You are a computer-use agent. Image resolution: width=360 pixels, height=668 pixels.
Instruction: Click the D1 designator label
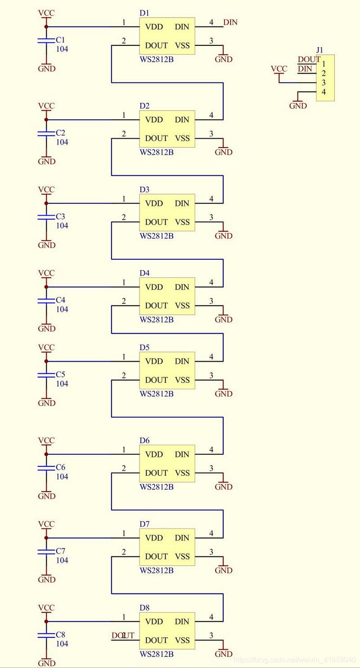pos(144,13)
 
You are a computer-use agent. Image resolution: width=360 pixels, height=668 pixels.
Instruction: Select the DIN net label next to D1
pos(230,22)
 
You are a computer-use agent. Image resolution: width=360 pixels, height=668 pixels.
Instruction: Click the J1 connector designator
pos(319,50)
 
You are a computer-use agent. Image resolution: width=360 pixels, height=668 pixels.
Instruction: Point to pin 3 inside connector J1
pos(324,83)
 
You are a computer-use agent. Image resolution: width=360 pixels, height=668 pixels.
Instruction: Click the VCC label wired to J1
pos(279,69)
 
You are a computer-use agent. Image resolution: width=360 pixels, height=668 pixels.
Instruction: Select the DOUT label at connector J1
pos(309,59)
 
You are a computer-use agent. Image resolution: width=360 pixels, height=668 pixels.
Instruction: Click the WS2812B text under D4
pos(156,320)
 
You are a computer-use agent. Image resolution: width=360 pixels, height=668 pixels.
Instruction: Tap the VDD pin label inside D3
pos(154,203)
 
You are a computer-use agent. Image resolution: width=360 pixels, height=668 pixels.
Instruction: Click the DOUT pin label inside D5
pos(156,380)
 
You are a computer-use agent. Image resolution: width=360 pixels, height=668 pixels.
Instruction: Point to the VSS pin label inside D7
pos(182,556)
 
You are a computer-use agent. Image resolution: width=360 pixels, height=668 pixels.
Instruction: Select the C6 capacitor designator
pos(60,467)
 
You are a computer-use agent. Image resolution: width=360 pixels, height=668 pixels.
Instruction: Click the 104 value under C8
pos(62,644)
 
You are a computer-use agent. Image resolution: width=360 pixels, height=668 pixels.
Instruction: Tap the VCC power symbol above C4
pos(46,273)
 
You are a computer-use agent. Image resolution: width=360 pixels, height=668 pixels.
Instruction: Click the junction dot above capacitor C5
pos(46,361)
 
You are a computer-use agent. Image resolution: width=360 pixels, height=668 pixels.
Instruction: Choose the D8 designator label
pos(144,608)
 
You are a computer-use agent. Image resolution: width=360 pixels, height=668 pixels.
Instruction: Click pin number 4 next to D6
pos(211,450)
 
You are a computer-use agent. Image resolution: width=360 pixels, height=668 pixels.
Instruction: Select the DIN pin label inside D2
pos(182,120)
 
